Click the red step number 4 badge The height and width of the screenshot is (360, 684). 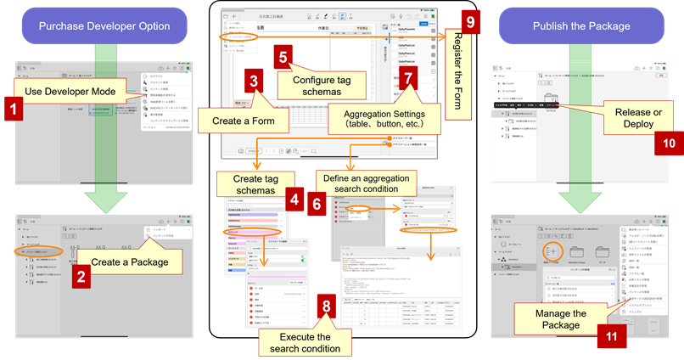(294, 201)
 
